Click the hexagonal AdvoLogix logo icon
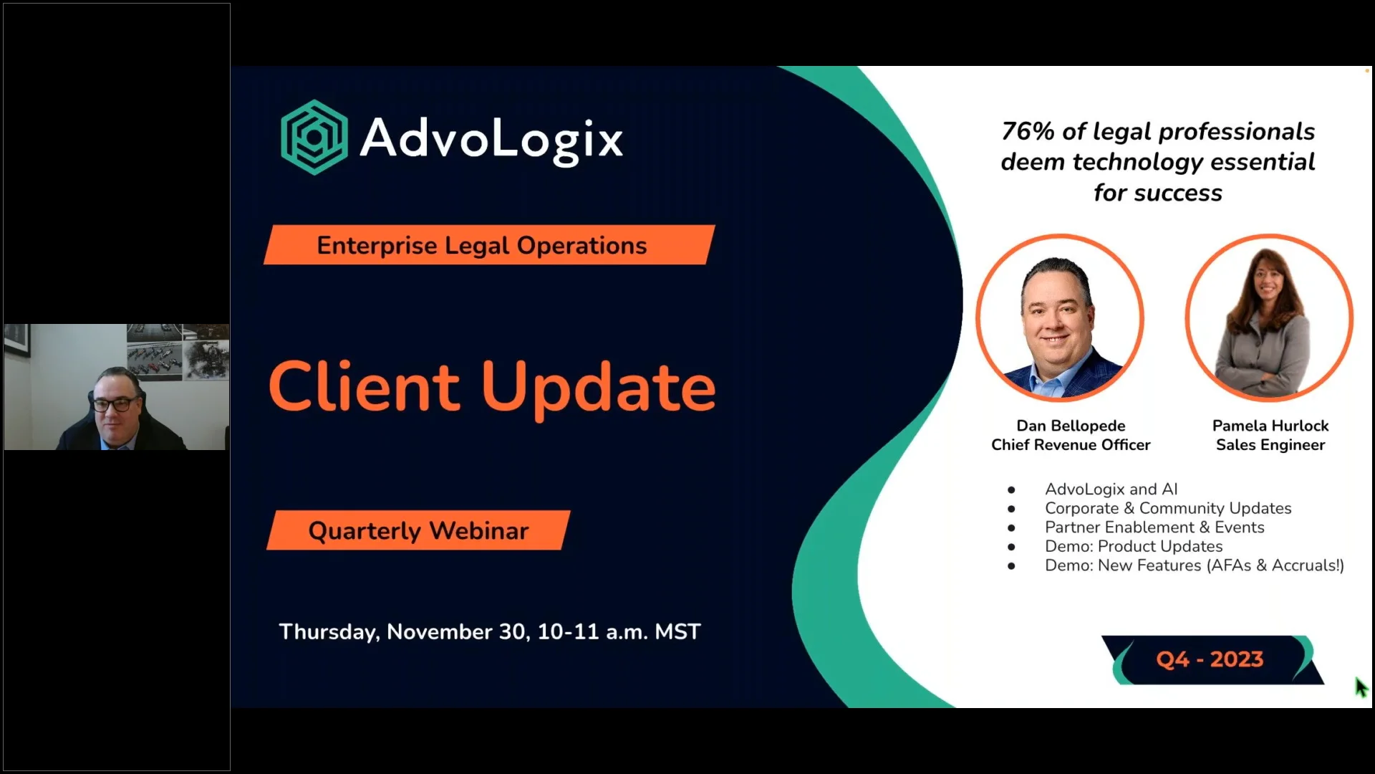click(314, 137)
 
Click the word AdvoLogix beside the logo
click(491, 138)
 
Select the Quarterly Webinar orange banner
click(418, 530)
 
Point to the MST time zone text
click(677, 631)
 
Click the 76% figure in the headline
click(1027, 131)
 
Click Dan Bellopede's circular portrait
click(1059, 317)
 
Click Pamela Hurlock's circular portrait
click(1268, 317)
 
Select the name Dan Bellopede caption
click(1071, 426)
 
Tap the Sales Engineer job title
click(1270, 445)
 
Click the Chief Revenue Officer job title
click(1071, 445)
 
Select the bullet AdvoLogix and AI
click(1111, 489)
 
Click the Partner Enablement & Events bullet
click(1154, 527)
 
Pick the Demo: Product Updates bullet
click(1134, 546)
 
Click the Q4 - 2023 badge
click(1210, 659)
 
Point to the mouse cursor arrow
click(1360, 686)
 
